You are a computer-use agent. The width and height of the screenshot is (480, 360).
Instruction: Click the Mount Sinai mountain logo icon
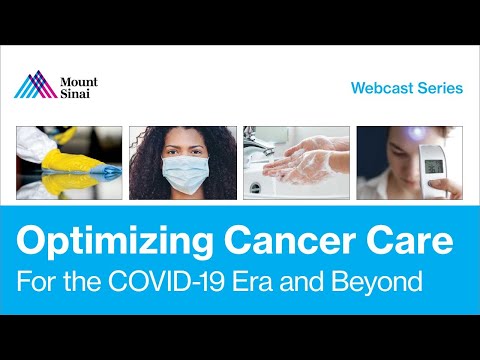35,85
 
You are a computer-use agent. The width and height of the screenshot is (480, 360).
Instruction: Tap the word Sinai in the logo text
78,93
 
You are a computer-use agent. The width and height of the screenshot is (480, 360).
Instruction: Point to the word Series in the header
442,88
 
